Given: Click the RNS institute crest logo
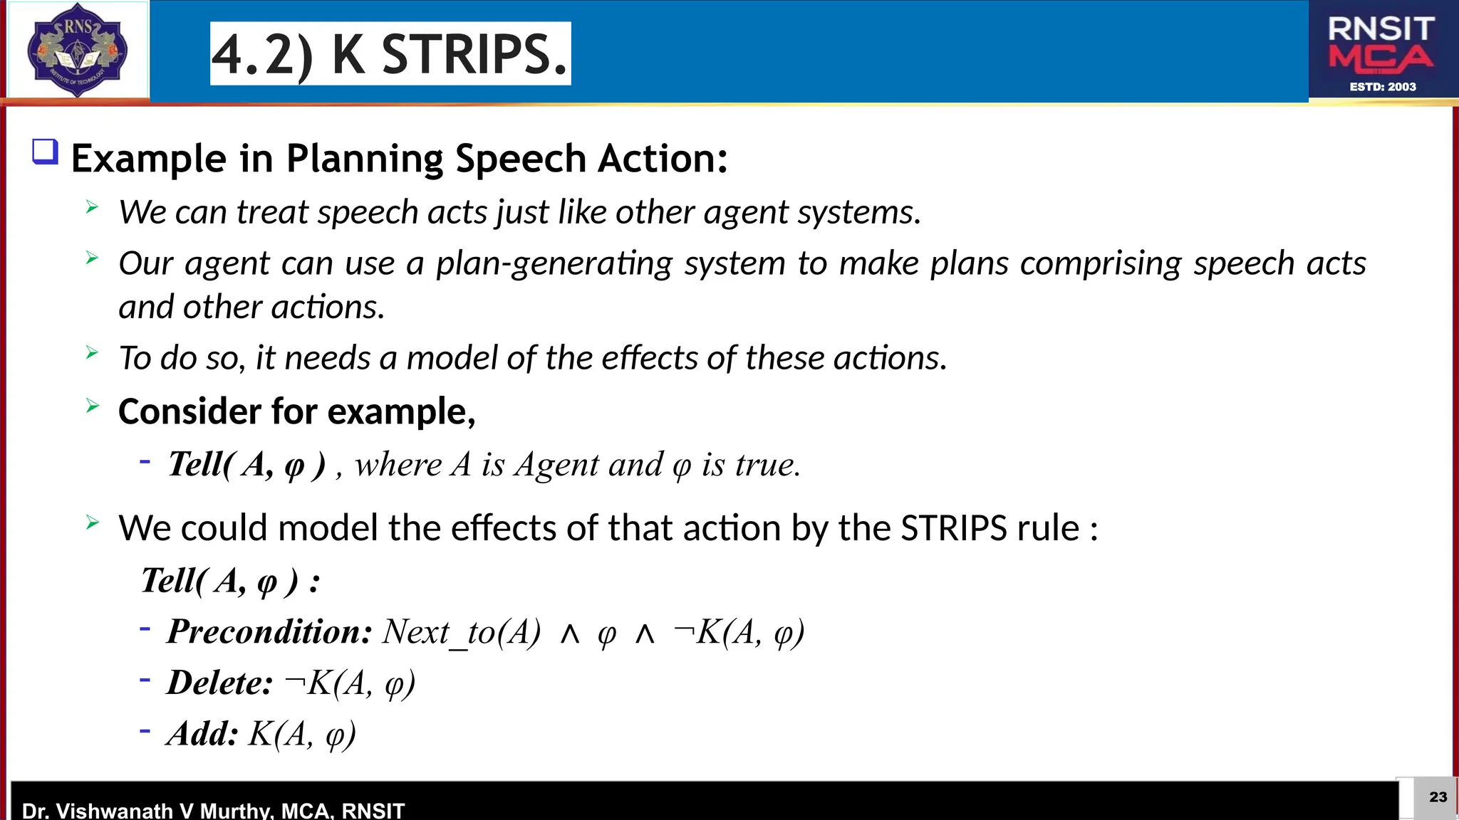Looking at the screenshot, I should (x=77, y=50).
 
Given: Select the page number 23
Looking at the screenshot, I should (x=1438, y=797).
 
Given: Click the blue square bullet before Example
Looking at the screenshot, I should (x=45, y=152).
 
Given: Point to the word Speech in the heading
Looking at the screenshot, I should (x=521, y=158).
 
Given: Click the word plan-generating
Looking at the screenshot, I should (x=554, y=263).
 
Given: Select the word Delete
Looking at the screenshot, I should (x=219, y=683).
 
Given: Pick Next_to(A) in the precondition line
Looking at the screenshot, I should (x=462, y=631).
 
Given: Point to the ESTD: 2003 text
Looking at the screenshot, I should (x=1383, y=87).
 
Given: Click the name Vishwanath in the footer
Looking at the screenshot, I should (x=115, y=810).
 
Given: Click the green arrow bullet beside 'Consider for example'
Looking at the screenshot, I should (x=92, y=406).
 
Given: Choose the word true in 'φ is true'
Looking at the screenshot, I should (x=767, y=465).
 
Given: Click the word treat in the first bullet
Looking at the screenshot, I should (x=272, y=212).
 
